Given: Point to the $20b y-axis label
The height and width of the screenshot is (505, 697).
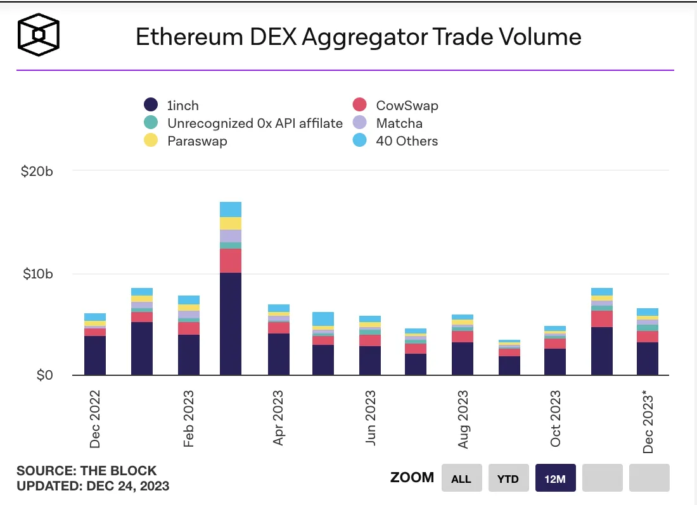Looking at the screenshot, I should [x=45, y=171].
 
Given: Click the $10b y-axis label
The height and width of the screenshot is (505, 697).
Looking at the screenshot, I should [x=45, y=274].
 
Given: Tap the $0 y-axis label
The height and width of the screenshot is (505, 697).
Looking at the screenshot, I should [x=48, y=376].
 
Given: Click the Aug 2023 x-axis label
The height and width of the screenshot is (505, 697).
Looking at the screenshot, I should [x=464, y=420].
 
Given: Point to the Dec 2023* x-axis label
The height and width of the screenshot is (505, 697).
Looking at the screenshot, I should [x=648, y=422].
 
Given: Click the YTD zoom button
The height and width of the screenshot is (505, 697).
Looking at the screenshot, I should [x=508, y=478].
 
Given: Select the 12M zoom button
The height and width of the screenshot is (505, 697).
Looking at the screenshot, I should [x=554, y=478].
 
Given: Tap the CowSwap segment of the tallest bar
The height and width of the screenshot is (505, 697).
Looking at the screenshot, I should [x=231, y=261].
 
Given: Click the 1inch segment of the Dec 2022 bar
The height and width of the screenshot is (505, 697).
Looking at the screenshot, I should [x=95, y=356].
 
